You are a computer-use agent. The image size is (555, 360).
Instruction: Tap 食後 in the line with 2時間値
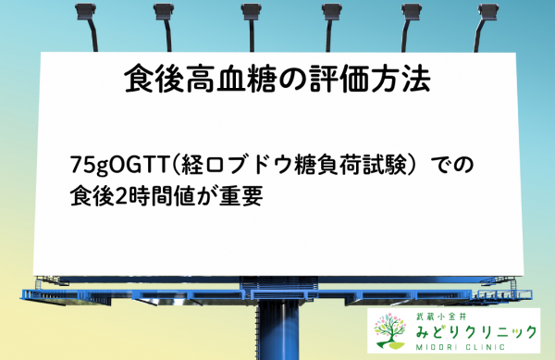tap(91, 195)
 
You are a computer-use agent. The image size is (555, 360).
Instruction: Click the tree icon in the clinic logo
tap(391, 330)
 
